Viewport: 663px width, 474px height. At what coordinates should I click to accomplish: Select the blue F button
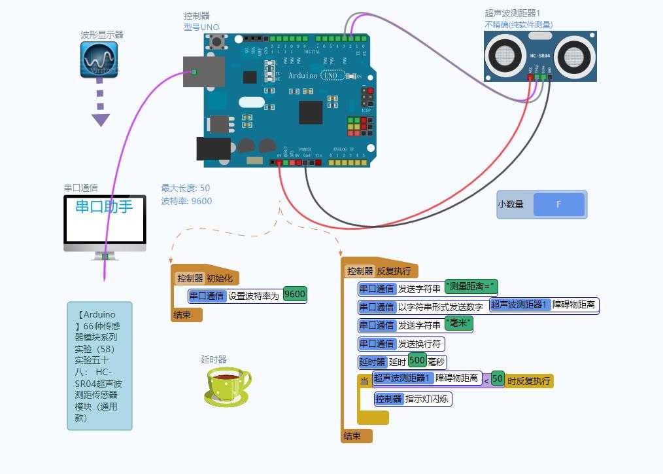tap(558, 204)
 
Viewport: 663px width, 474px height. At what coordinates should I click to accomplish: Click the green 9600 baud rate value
tap(295, 295)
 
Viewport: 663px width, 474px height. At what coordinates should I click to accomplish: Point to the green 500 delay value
tap(417, 361)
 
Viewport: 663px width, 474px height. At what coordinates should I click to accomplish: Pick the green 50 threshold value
tap(498, 379)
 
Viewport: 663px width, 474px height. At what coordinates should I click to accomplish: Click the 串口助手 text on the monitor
tap(104, 207)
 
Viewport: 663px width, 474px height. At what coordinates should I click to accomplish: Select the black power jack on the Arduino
tap(213, 149)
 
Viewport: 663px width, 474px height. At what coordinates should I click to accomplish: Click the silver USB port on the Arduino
tap(204, 71)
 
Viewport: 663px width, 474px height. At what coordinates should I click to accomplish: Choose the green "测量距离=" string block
tap(471, 287)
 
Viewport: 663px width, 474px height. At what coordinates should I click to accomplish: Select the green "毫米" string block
tap(458, 324)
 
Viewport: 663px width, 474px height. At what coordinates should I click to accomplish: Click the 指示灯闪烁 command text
tap(426, 399)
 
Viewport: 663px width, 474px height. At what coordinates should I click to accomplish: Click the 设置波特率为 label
tap(254, 296)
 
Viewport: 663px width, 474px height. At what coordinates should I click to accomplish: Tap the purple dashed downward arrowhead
tap(100, 120)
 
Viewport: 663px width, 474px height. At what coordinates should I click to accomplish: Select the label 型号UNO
tap(201, 27)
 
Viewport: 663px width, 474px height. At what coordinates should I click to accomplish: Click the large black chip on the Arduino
tap(311, 112)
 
